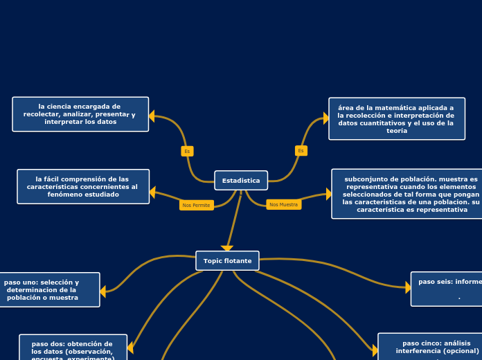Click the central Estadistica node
click(x=241, y=181)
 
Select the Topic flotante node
click(x=227, y=261)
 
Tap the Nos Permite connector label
click(x=197, y=205)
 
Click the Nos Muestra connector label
click(x=283, y=204)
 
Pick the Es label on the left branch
click(x=187, y=151)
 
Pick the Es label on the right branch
click(x=301, y=150)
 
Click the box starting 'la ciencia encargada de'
click(x=80, y=114)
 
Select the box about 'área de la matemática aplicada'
click(x=396, y=118)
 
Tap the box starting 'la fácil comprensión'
click(x=83, y=186)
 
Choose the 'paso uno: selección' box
click(x=48, y=289)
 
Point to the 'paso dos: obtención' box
click(x=73, y=348)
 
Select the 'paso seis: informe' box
click(x=447, y=289)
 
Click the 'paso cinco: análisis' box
click(x=429, y=347)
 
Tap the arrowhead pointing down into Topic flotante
click(x=227, y=249)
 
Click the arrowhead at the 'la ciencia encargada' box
click(x=152, y=116)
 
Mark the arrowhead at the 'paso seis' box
click(x=408, y=287)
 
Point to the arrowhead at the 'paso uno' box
click(x=103, y=291)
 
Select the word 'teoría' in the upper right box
click(x=397, y=131)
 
